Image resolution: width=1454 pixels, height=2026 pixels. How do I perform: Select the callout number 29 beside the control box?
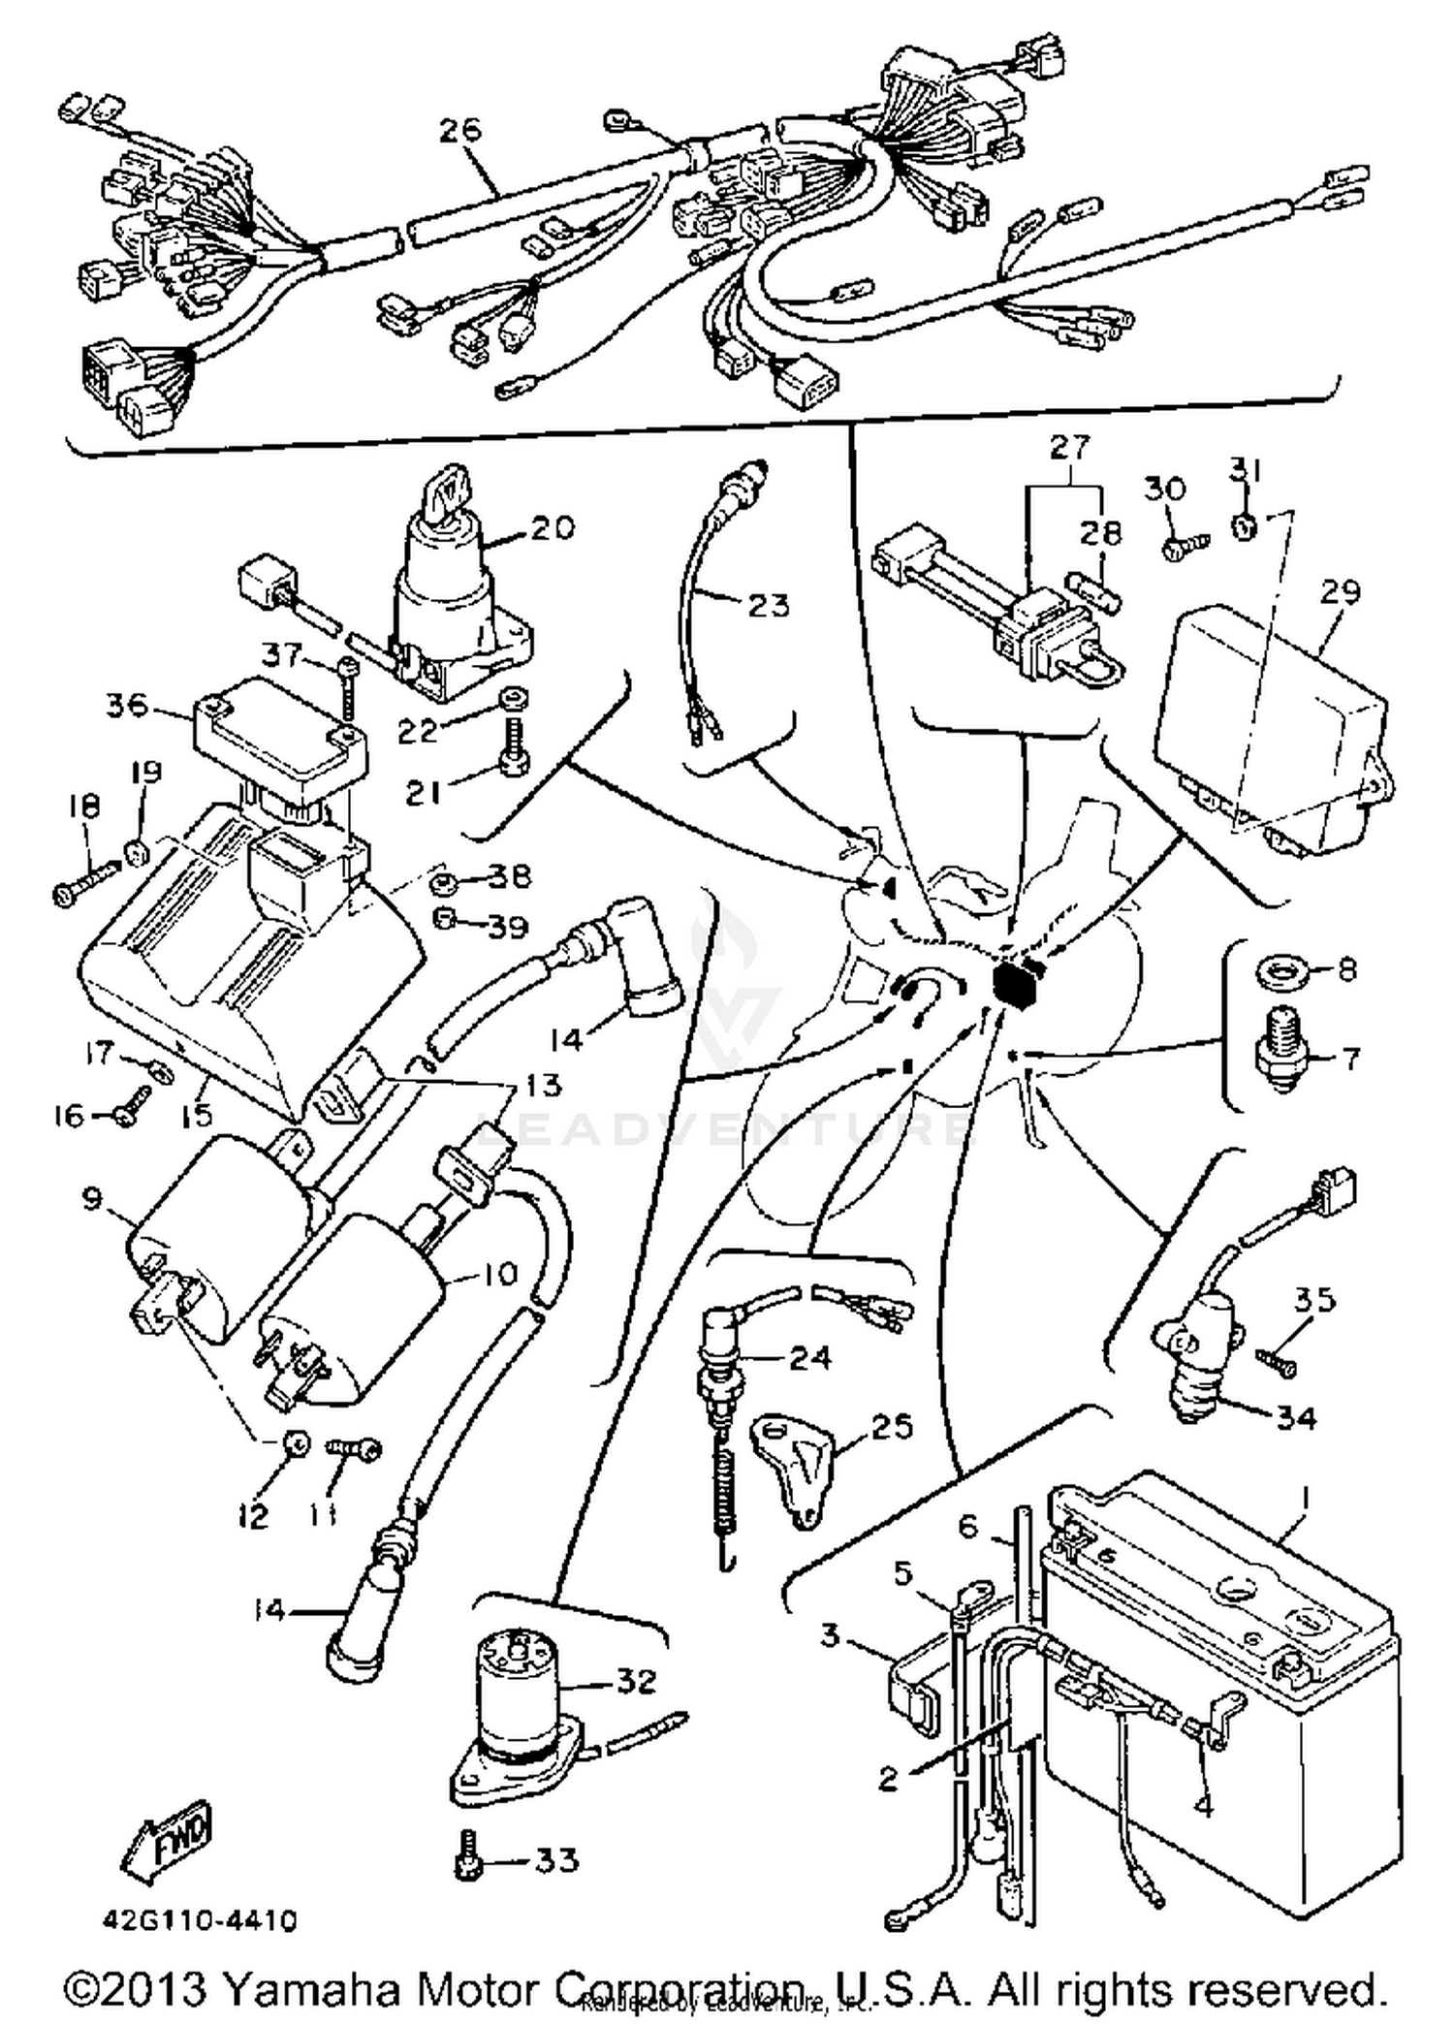click(x=1341, y=591)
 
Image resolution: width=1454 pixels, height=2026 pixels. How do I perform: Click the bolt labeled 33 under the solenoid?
click(x=466, y=1856)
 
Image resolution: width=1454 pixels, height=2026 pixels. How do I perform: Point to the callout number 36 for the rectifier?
click(x=127, y=705)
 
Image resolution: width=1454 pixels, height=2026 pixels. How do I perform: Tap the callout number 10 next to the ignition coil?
click(x=499, y=1273)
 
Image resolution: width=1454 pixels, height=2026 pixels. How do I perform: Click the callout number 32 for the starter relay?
click(x=636, y=1680)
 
